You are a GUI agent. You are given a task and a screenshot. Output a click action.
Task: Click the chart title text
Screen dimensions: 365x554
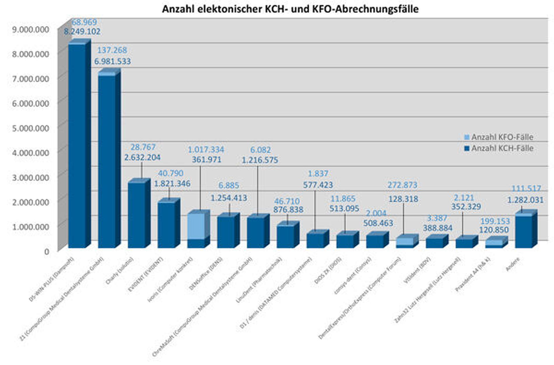290,9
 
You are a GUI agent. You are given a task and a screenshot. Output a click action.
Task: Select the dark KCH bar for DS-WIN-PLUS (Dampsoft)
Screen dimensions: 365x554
77,146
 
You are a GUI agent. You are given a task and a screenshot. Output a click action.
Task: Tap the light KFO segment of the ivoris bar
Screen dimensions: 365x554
196,226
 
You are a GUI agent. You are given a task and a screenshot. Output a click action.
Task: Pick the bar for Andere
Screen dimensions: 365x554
523,232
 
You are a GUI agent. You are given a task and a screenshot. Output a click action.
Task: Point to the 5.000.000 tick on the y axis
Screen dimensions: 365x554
31,128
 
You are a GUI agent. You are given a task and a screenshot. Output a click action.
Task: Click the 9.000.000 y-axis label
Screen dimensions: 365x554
31,29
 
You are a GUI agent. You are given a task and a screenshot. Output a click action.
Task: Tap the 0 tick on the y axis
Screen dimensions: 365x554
47,252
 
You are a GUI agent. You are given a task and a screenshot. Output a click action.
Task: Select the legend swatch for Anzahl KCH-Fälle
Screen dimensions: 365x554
467,149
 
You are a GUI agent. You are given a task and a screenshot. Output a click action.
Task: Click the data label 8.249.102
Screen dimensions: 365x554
82,32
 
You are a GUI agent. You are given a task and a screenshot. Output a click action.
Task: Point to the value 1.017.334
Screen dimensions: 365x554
206,150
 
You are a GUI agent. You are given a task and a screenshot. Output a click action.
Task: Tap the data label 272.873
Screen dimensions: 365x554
402,185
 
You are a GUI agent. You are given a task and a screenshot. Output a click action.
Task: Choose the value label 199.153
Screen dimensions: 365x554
495,221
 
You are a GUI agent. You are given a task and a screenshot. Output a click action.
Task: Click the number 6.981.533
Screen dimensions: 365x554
113,61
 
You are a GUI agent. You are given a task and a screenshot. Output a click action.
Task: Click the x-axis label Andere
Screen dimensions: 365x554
513,264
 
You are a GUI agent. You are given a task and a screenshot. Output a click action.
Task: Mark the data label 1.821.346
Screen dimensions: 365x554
172,184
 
